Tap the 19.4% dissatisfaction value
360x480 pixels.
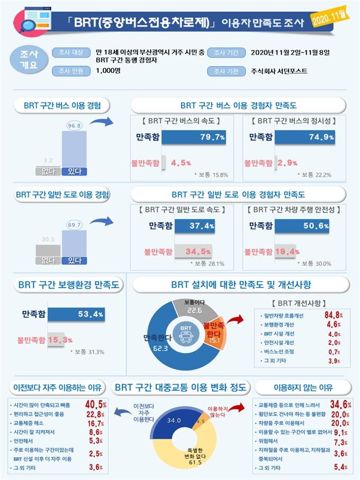coord(289,251)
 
